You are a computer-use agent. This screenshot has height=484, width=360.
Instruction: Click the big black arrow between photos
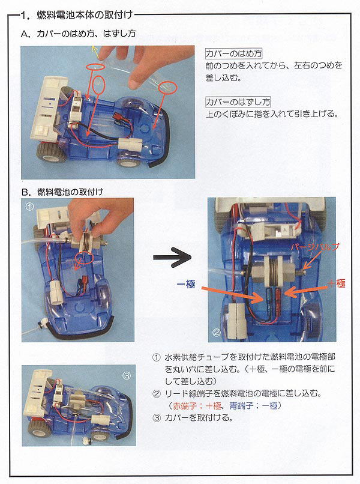[x=172, y=258]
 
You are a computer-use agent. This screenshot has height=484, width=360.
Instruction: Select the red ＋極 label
[x=335, y=283]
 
